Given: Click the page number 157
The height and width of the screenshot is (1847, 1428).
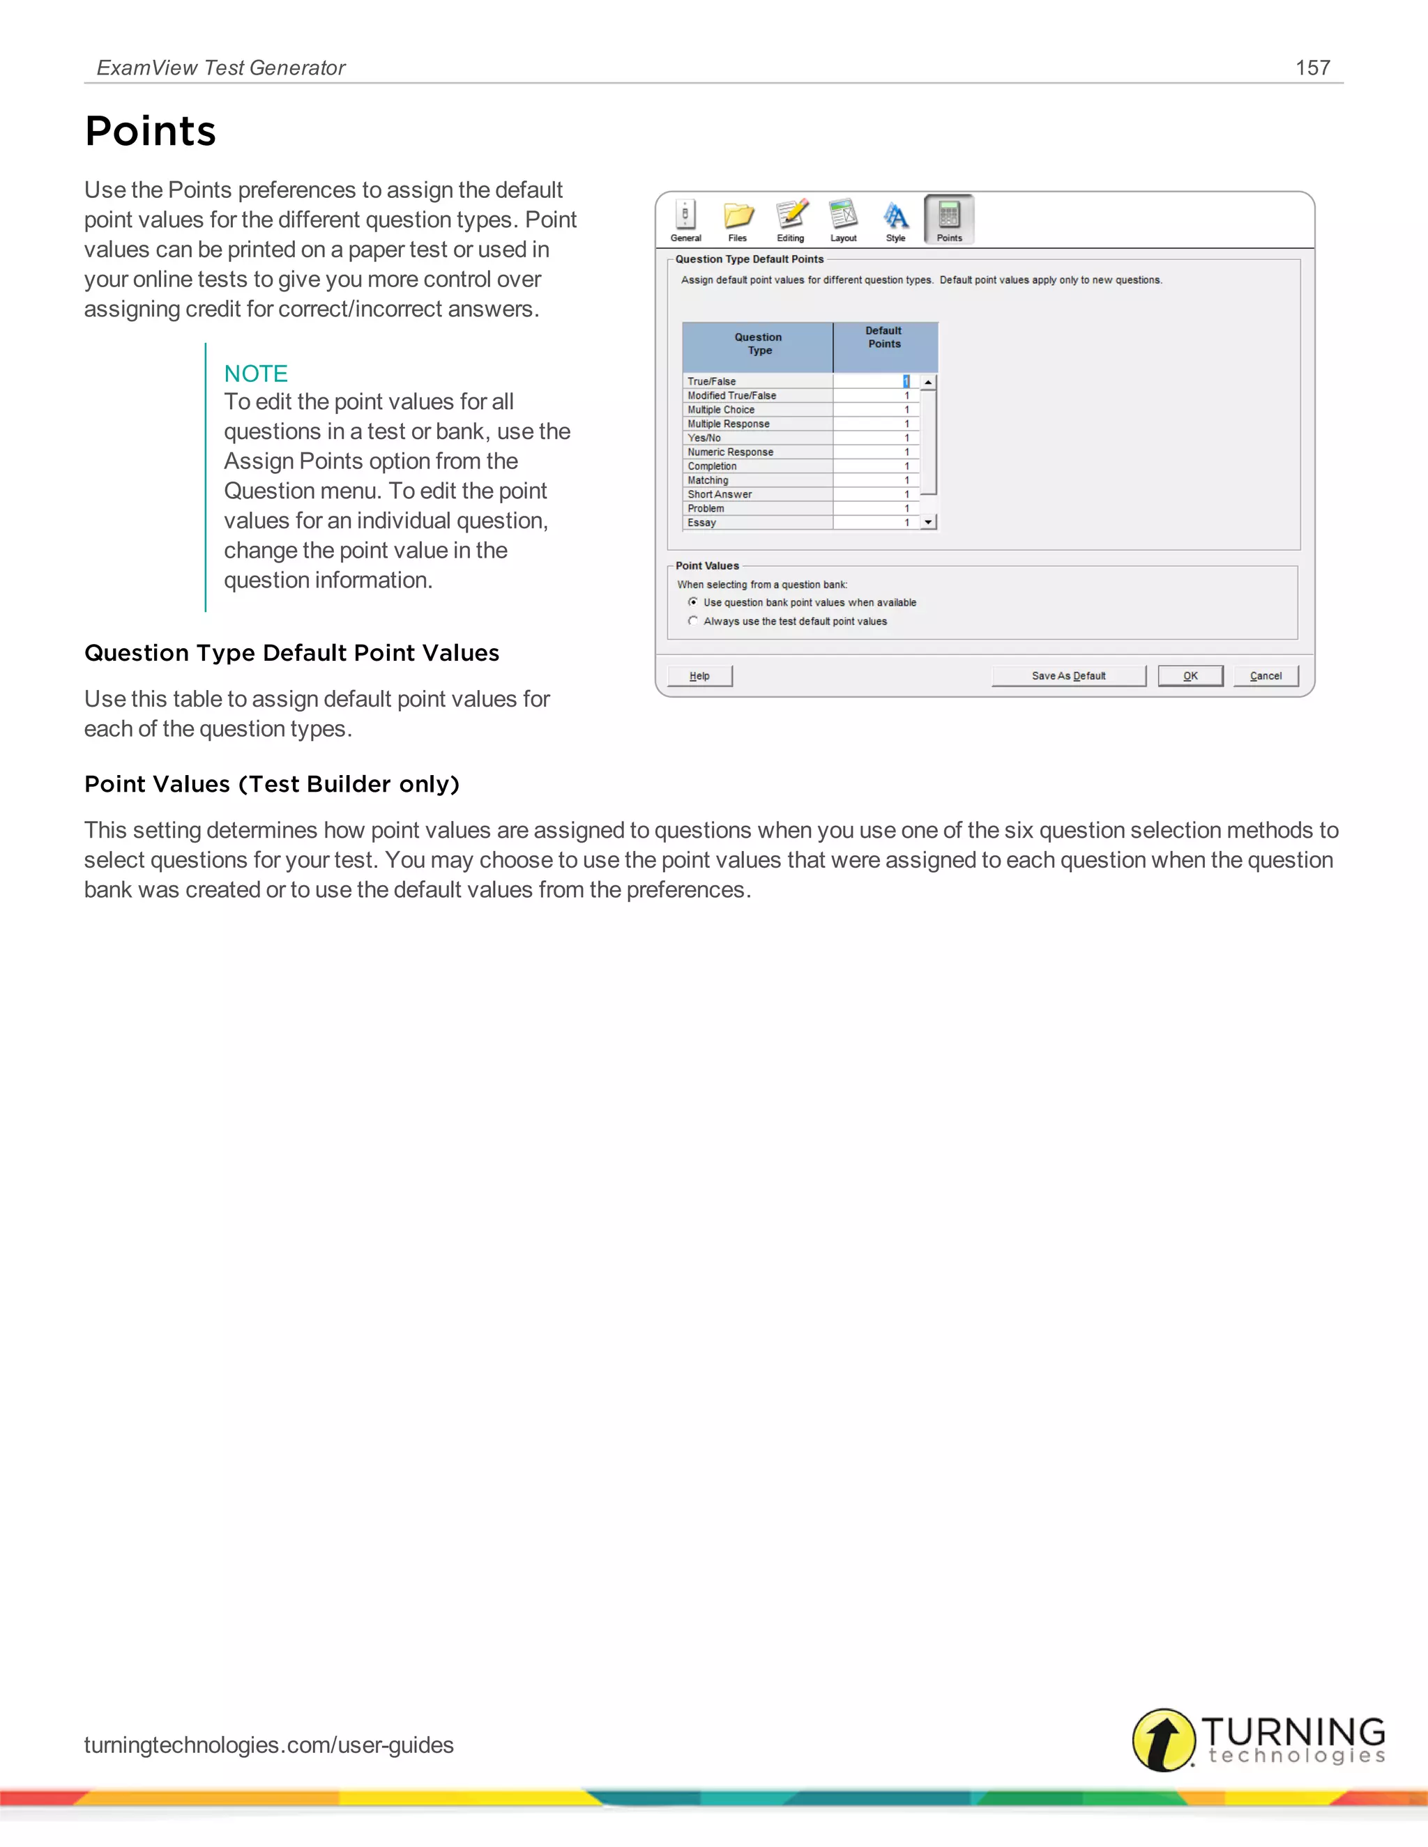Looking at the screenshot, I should (1312, 68).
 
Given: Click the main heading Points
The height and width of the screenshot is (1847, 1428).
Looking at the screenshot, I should (151, 131).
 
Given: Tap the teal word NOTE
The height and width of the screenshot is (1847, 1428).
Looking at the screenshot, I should (255, 373).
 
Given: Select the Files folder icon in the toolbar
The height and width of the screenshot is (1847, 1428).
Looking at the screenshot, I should (738, 217).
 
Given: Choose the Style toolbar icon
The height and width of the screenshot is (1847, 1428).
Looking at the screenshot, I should (896, 217).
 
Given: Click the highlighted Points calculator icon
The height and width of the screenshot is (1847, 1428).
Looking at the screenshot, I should (949, 217).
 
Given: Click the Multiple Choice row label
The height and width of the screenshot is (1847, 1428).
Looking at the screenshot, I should (721, 409).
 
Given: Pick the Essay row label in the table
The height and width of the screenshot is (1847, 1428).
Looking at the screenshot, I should (702, 523).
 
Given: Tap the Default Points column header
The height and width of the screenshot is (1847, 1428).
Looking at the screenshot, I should (884, 337).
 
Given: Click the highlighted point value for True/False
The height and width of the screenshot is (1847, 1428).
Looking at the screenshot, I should (905, 381).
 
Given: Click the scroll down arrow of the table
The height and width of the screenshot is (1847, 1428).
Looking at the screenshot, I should (929, 523).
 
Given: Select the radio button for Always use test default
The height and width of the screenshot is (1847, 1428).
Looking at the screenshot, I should (693, 621).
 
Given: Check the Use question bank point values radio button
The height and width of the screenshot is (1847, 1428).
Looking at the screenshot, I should (693, 602).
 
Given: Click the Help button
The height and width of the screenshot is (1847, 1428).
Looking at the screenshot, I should (699, 675).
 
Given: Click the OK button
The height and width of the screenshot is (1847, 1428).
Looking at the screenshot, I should (1190, 675).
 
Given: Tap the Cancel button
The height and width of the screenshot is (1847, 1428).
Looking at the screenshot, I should (1266, 675).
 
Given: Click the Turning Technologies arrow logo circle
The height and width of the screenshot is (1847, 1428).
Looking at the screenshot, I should (1163, 1740).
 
